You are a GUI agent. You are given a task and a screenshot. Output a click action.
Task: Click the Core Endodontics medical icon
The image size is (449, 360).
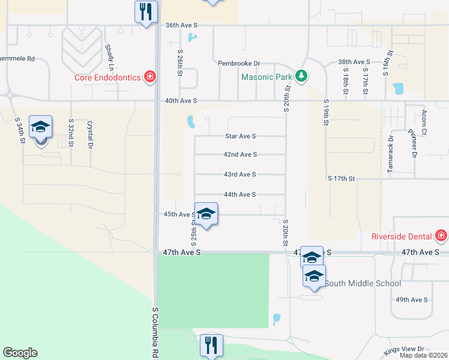pos(149,77)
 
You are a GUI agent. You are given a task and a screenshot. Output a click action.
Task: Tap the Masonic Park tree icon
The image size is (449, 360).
pos(301,77)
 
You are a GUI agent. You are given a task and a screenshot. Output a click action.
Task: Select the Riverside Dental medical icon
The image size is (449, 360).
pos(442,235)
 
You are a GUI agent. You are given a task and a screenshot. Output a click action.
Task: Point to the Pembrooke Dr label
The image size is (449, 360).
pos(239,63)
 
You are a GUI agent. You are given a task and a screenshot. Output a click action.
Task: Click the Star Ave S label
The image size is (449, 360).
pos(240,136)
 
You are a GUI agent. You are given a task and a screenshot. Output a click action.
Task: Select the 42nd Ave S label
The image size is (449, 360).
pos(240,154)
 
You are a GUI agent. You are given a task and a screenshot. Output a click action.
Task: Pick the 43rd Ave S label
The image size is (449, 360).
pos(240,174)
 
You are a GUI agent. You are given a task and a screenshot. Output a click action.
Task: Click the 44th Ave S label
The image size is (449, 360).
pos(240,194)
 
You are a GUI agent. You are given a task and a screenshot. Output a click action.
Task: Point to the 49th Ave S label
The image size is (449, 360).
pos(411,299)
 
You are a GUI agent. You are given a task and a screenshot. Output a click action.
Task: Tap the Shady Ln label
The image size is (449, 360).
pos(109,57)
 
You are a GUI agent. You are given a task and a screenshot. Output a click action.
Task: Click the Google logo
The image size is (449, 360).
pos(20,353)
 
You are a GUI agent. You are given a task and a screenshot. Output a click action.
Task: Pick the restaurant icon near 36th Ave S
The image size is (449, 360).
pos(146,12)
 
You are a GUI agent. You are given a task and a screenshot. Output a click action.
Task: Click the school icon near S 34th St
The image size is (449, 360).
pos(41,127)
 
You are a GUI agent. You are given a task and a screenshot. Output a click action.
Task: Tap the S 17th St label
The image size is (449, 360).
pos(342,178)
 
